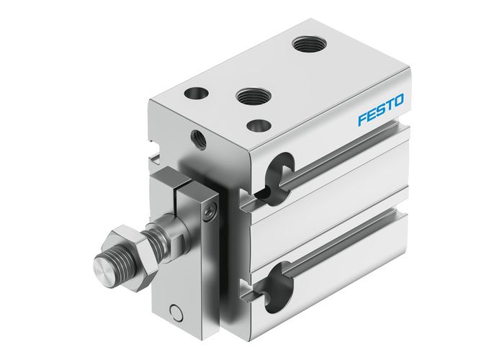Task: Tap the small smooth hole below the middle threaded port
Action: pos(258,125)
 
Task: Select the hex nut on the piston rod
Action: pos(125,246)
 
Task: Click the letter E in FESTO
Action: pos(370,113)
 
